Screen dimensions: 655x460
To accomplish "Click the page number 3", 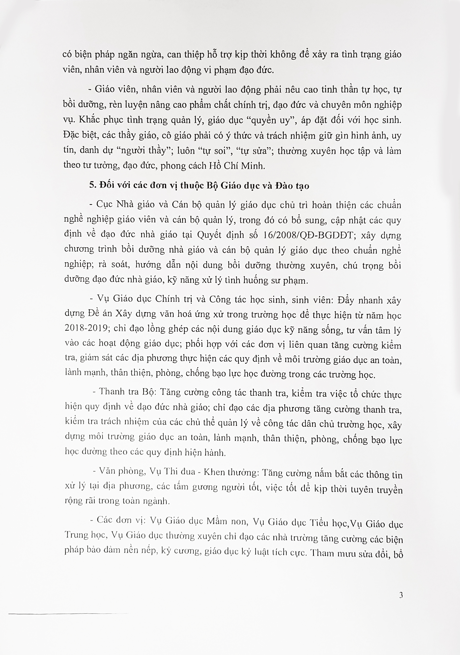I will pyautogui.click(x=401, y=595).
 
